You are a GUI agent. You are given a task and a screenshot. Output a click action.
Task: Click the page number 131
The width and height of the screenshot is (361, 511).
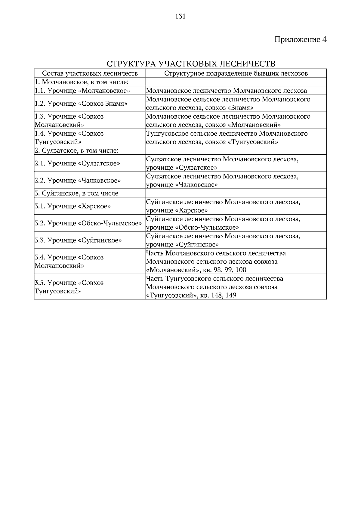pyautogui.click(x=180, y=16)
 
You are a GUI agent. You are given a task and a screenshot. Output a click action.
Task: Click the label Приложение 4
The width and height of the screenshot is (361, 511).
pyautogui.click(x=300, y=39)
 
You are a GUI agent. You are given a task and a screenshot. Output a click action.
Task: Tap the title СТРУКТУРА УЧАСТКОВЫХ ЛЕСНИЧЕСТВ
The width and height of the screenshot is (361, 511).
pyautogui.click(x=191, y=64)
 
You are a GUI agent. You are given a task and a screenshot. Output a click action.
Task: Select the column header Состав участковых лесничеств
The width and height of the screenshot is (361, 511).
pyautogui.click(x=90, y=73)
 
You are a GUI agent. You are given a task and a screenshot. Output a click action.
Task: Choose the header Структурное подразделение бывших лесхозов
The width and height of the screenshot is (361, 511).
pyautogui.click(x=236, y=73)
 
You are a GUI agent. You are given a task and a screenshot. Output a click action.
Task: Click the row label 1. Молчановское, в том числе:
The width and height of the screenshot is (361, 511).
pyautogui.click(x=82, y=82)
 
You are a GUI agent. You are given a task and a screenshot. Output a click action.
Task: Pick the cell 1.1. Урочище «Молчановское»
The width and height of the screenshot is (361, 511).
pyautogui.click(x=82, y=91)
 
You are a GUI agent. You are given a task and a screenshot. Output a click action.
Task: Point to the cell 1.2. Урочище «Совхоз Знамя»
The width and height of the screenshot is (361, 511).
pyautogui.click(x=81, y=104)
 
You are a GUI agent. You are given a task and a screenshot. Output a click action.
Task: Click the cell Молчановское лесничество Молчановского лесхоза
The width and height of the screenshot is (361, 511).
pyautogui.click(x=227, y=91)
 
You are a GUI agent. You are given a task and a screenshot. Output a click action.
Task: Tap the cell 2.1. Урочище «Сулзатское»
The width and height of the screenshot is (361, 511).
pyautogui.click(x=77, y=163)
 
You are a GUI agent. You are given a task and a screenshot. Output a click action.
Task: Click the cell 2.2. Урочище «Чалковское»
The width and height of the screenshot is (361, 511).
pyautogui.click(x=78, y=180)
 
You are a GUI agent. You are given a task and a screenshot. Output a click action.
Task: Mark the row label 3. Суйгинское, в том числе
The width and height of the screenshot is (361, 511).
pyautogui.click(x=76, y=193)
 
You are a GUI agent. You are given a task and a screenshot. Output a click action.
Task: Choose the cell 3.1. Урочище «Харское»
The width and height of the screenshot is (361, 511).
pyautogui.click(x=73, y=206)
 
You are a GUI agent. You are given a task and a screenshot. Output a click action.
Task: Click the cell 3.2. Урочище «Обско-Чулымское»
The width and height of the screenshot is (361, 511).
pyautogui.click(x=88, y=223)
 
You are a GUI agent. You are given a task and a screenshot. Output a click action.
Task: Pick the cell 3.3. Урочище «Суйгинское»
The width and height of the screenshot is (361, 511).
pyautogui.click(x=78, y=240)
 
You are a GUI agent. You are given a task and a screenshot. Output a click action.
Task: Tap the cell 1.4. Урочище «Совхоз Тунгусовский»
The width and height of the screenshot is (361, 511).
pyautogui.click(x=69, y=138)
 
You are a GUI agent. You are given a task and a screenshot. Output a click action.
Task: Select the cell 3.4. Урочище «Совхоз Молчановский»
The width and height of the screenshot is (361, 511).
pyautogui.click(x=69, y=261)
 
